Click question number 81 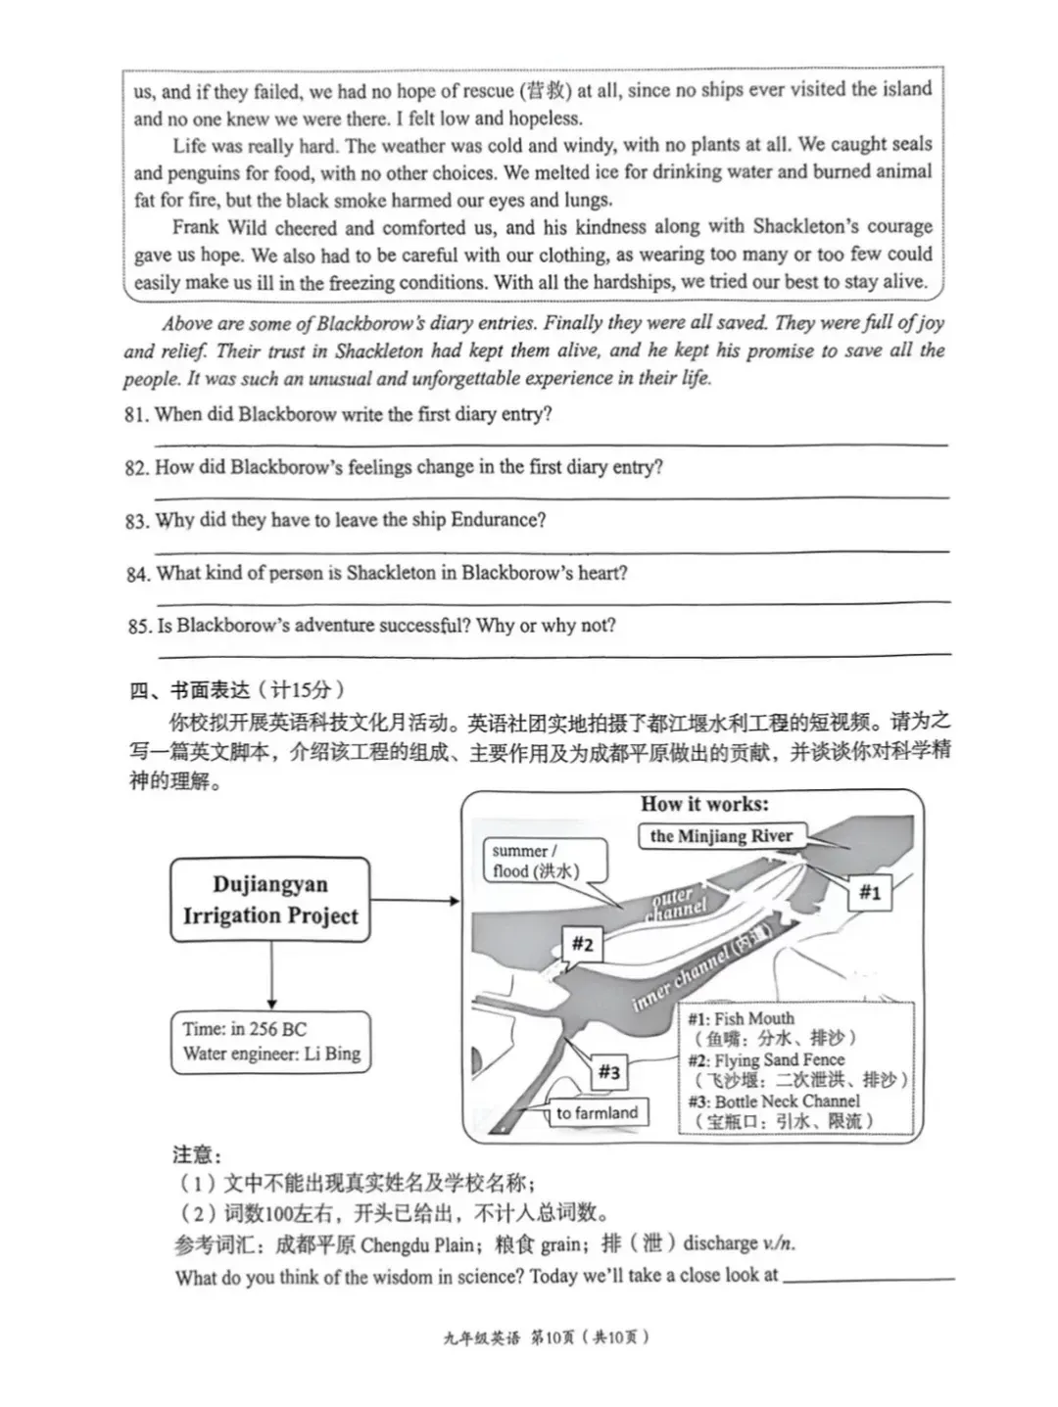137,414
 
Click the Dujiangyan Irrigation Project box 270,900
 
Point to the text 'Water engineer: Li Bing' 271,1055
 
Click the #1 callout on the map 869,892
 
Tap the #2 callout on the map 582,944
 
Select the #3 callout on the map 608,1072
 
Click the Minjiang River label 721,836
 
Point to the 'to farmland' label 597,1112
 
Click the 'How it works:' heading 704,804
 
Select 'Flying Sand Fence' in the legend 779,1059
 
